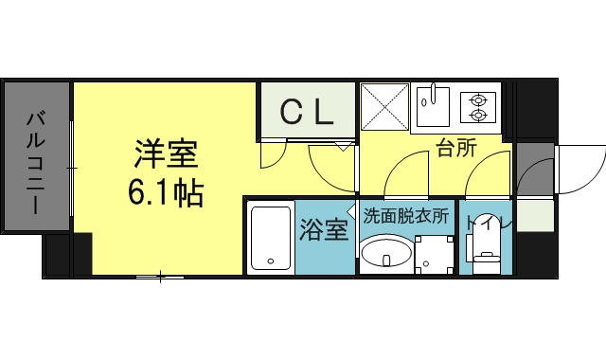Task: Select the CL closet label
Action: point(307,113)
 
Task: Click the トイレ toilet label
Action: point(487,225)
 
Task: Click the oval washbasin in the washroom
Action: point(386,255)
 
